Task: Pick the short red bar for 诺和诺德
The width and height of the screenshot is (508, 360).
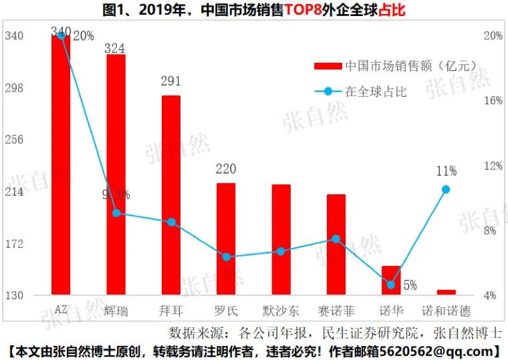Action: point(447,292)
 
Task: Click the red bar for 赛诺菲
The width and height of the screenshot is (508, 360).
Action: point(336,244)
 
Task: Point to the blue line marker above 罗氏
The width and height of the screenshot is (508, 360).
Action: point(227,257)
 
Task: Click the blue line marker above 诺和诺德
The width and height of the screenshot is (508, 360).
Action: point(447,190)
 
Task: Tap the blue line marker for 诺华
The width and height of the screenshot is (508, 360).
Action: point(391,285)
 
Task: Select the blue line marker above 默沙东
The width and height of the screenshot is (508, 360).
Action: point(281,252)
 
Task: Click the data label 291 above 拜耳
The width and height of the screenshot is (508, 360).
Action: point(171,81)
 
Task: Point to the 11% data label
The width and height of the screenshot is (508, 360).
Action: point(447,172)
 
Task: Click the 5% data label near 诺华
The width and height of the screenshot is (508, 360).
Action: point(409,285)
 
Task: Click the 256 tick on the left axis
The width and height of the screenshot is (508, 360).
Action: point(14,140)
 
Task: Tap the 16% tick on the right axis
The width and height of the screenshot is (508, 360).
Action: point(493,101)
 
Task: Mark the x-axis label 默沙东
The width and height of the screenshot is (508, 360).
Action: point(281,311)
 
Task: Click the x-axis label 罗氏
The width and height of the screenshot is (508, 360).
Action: point(227,311)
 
